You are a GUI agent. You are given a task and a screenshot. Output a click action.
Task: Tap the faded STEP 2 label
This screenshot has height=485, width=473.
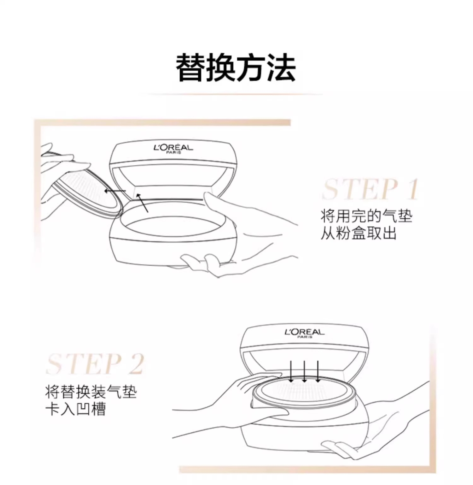click(95, 364)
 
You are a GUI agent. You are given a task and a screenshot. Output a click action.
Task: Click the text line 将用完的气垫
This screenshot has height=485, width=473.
click(366, 216)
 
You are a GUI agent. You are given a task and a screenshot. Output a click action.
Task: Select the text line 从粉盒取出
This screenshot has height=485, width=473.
click(359, 234)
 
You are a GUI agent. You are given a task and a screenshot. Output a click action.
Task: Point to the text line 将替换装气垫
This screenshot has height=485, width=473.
click(91, 392)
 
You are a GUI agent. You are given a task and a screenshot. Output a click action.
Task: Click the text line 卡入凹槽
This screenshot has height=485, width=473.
click(75, 409)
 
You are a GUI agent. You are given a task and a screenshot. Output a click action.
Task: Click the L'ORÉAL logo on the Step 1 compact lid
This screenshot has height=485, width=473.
click(173, 148)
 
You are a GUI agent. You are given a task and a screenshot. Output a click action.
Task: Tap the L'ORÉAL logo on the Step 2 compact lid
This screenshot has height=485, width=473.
click(304, 333)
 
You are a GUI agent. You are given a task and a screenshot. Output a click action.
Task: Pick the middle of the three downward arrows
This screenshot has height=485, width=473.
click(304, 371)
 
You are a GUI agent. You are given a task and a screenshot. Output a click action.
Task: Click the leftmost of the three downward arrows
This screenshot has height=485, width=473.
click(291, 371)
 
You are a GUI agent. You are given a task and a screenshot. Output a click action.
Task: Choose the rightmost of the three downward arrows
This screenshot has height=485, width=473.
click(318, 371)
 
